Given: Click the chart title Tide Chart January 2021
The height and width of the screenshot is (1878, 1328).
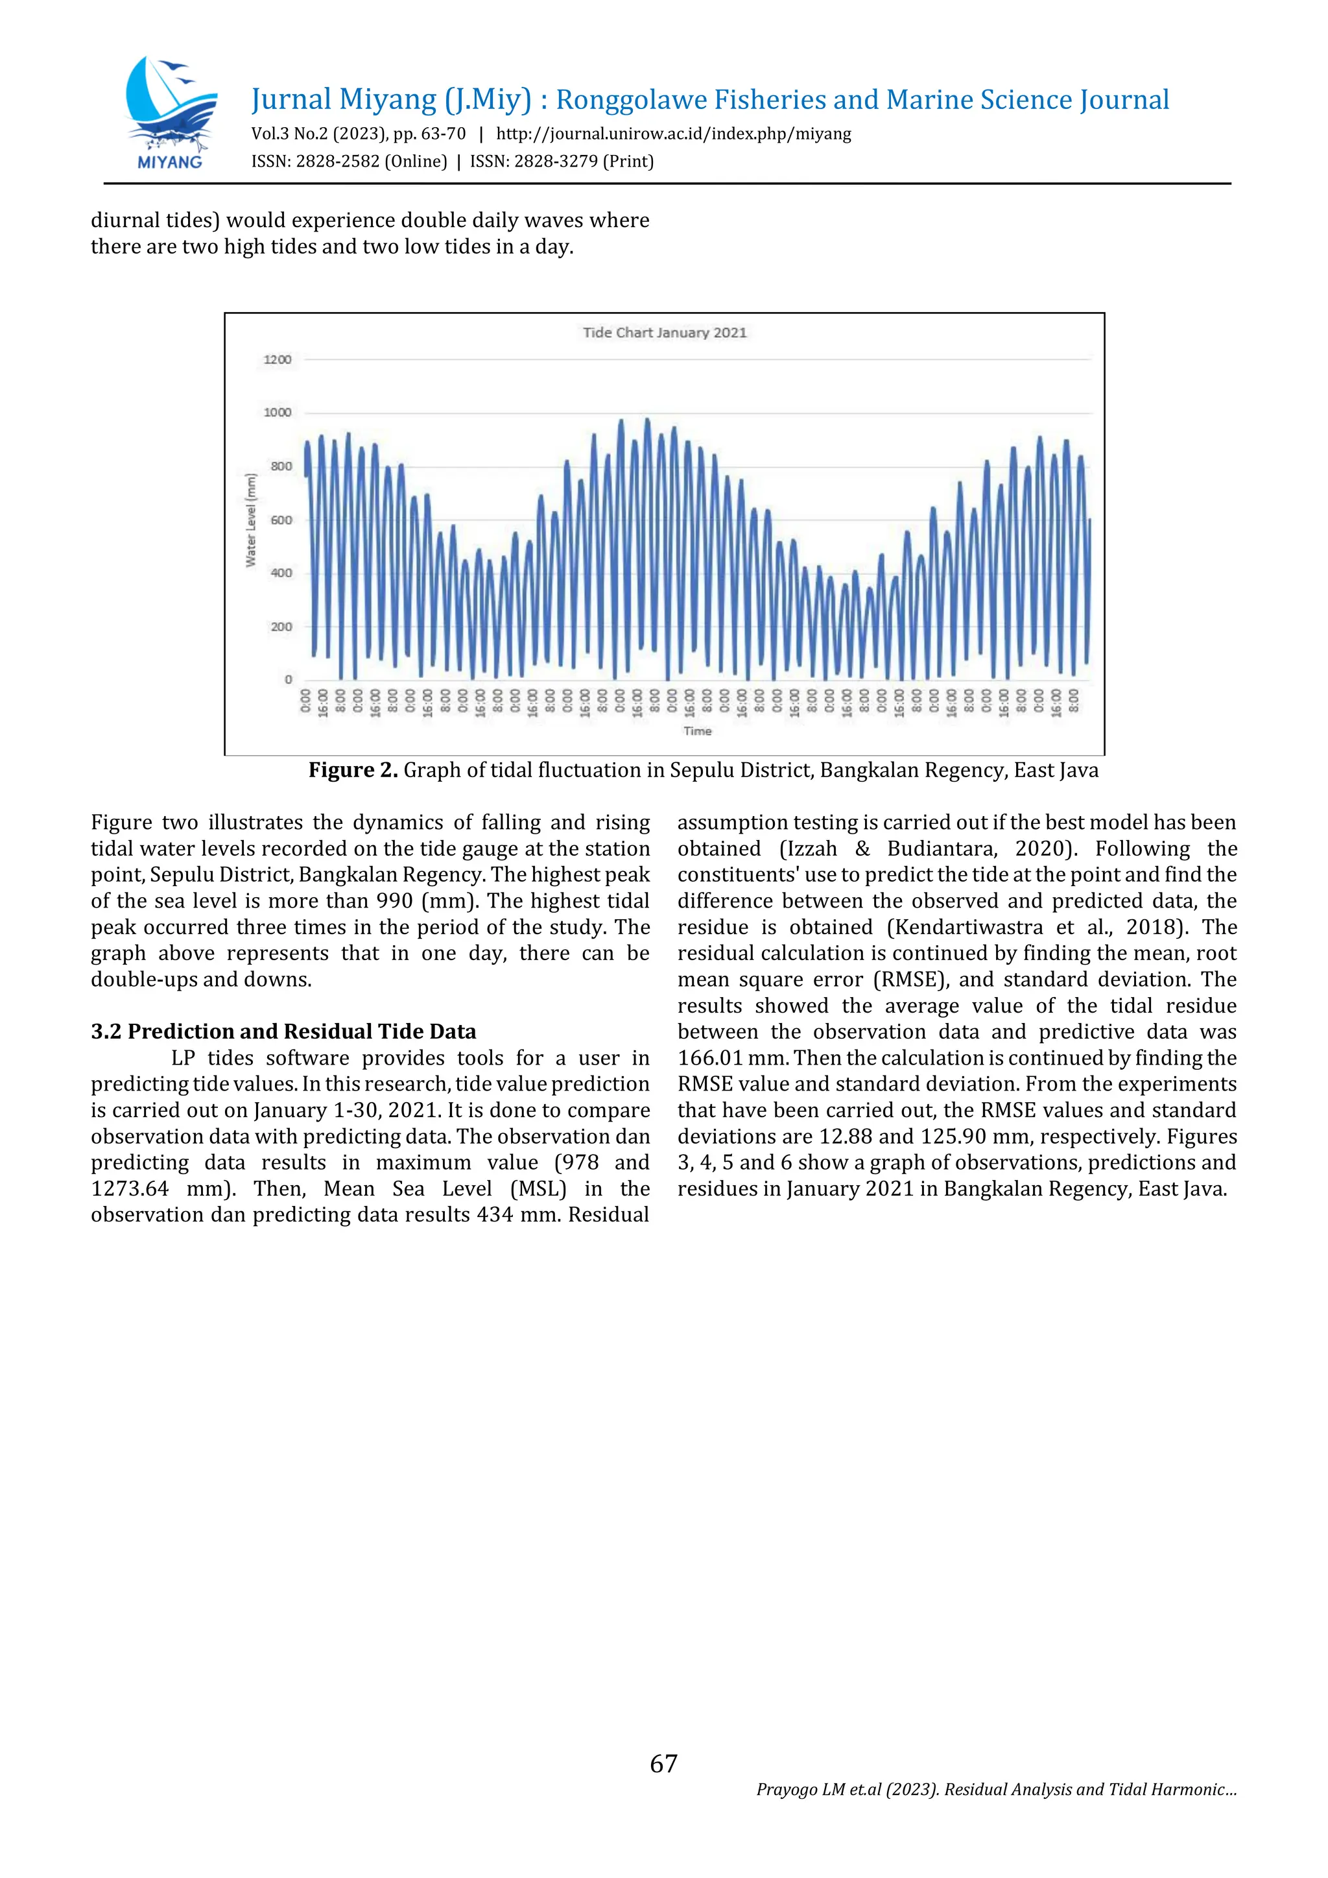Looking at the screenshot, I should pyautogui.click(x=664, y=332).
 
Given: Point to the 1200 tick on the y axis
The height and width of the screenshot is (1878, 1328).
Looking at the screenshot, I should pyautogui.click(x=278, y=360).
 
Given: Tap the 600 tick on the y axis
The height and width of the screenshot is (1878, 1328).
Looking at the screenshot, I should pyautogui.click(x=281, y=520).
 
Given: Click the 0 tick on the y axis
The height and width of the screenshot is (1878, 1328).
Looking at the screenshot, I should pyautogui.click(x=288, y=680).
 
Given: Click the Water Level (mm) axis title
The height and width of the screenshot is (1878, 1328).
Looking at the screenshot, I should pyautogui.click(x=251, y=520).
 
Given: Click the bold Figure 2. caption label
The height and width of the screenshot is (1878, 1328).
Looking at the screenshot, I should pyautogui.click(x=353, y=771).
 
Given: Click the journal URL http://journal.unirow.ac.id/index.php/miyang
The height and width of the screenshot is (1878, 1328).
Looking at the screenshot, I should pyautogui.click(x=673, y=134).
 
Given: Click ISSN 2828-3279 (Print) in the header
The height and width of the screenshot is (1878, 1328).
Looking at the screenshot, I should pyautogui.click(x=562, y=161).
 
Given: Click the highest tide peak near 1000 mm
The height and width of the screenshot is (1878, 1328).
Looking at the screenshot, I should pyautogui.click(x=647, y=420).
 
